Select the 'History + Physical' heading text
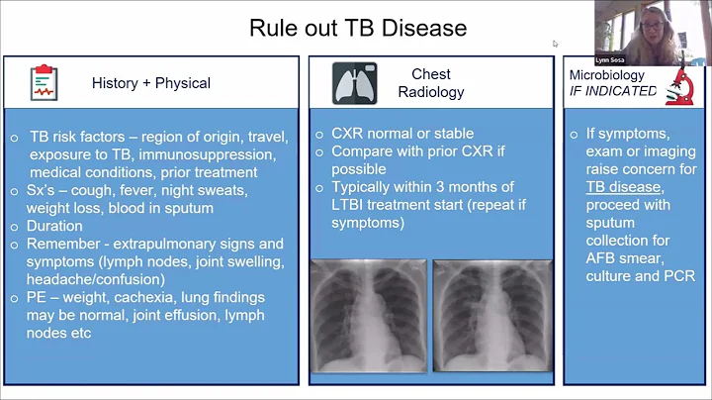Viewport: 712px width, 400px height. click(x=151, y=83)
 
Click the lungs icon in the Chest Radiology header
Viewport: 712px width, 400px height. click(x=355, y=83)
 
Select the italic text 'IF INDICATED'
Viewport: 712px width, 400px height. click(x=613, y=91)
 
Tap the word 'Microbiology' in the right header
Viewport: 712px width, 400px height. click(x=607, y=75)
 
